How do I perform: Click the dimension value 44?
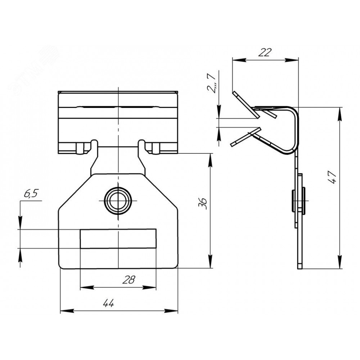point(109,303)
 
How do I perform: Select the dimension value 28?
point(129,280)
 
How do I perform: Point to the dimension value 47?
point(332,177)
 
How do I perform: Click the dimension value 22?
point(265,53)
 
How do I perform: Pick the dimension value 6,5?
point(31,194)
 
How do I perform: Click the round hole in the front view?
point(118,201)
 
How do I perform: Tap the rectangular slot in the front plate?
point(118,239)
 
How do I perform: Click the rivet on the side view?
point(298,201)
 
